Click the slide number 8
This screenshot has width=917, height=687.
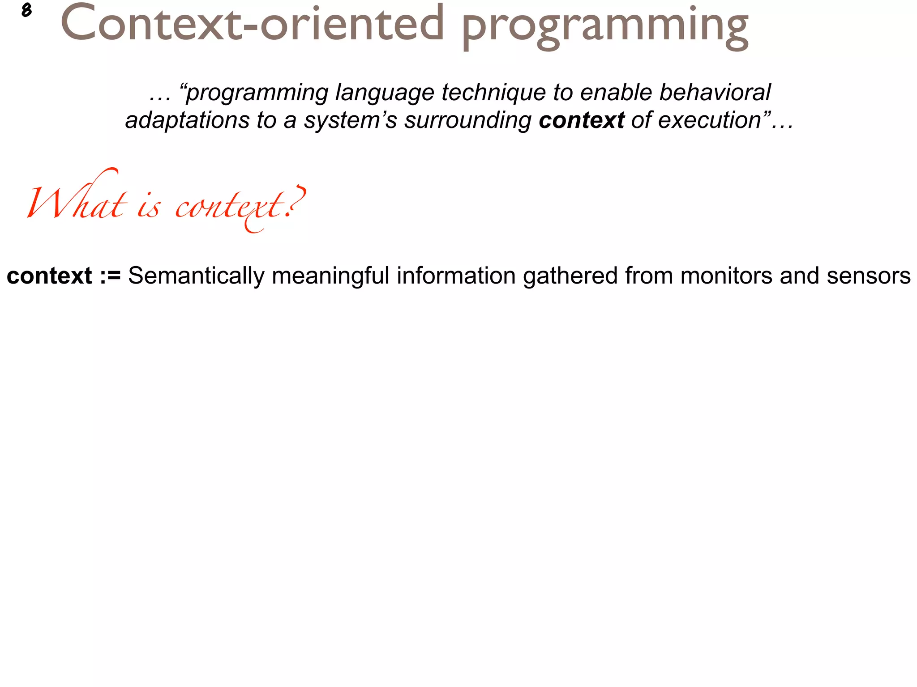coord(26,10)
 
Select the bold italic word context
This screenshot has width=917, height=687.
coord(581,120)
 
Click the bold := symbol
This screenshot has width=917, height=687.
coord(110,276)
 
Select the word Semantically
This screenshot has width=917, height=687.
coord(196,276)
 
